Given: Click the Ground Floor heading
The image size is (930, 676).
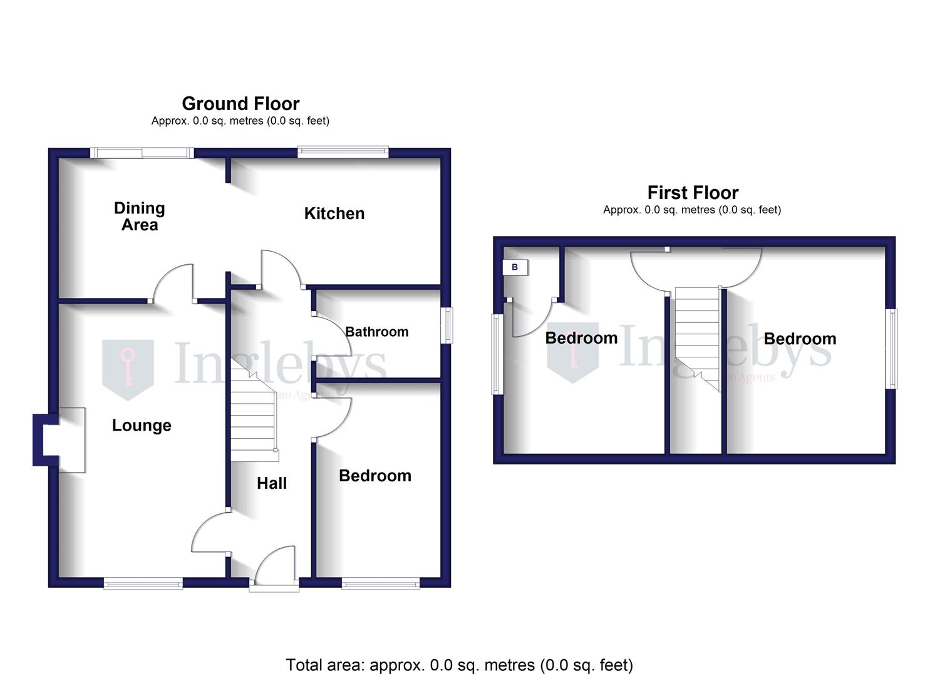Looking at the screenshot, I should [x=240, y=103].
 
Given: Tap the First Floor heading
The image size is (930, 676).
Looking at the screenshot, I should [x=693, y=192].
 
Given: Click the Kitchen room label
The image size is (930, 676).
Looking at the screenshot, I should [x=334, y=213].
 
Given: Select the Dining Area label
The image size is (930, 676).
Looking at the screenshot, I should [x=140, y=217].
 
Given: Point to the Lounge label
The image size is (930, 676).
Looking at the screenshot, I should [x=142, y=426].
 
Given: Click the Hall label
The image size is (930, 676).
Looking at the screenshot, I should [x=272, y=483].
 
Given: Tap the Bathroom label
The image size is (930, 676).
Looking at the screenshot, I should [x=376, y=332].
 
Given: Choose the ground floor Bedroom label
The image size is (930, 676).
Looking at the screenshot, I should [x=375, y=476].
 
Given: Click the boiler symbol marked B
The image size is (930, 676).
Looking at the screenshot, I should [x=515, y=267].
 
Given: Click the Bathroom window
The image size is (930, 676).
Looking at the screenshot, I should [x=447, y=325].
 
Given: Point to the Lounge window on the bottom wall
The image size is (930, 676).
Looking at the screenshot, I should [x=143, y=584].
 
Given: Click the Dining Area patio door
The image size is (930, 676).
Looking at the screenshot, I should [x=142, y=152].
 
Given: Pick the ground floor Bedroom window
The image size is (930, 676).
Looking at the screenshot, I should [x=381, y=584].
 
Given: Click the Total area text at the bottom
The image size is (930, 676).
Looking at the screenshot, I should [x=459, y=665].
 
